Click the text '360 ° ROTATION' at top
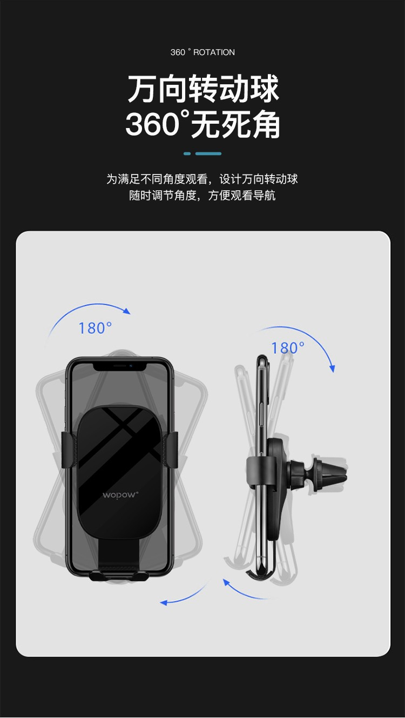tap(202, 52)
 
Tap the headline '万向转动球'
tap(203, 89)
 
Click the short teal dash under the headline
tap(187, 153)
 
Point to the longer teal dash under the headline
tap(208, 153)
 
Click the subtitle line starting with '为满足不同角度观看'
tap(202, 179)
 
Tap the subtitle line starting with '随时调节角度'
tap(202, 195)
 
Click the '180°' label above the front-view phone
tap(95, 328)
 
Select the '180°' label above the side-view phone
tap(288, 348)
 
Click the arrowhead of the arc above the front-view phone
tap(127, 311)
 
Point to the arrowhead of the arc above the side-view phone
tap(332, 368)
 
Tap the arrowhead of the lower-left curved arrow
tap(164, 602)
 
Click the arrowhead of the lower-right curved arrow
tap(226, 582)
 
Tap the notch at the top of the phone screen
tap(120, 367)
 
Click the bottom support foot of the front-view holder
tap(119, 576)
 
